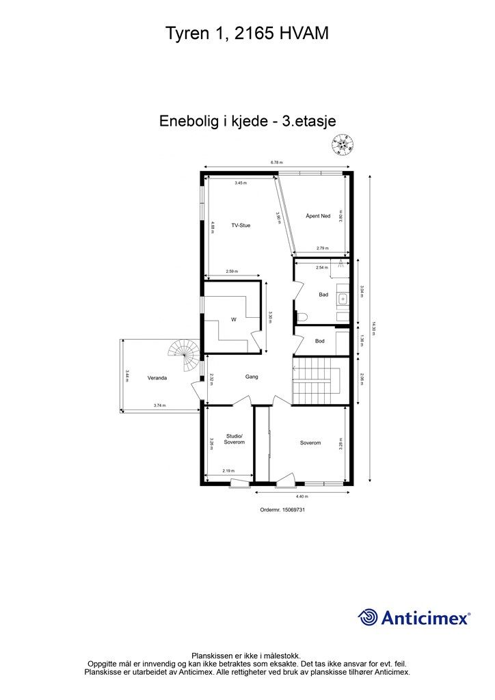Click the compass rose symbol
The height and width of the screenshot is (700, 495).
point(343,143)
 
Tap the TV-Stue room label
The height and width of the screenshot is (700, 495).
point(240,225)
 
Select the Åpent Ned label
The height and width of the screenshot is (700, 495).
point(318,216)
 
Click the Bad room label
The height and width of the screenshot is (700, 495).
point(323,295)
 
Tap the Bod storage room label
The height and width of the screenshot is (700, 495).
point(319,341)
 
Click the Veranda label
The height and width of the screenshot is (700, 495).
point(157,377)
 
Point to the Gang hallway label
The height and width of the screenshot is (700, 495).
point(251,377)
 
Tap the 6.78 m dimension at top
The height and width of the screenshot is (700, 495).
point(276,163)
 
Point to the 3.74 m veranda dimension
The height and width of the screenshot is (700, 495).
point(159,406)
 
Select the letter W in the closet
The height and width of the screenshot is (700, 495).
point(233,319)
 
